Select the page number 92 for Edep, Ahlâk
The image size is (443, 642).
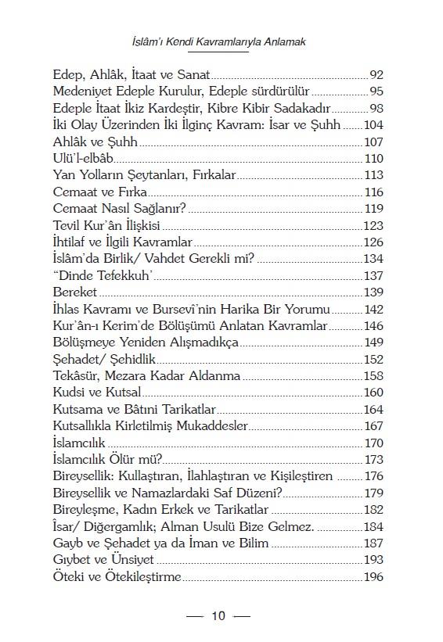click(376, 75)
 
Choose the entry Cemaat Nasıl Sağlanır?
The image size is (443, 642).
click(124, 210)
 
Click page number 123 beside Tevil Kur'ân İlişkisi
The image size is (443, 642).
click(374, 226)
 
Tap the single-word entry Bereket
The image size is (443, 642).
click(76, 292)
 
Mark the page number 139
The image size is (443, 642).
click(374, 292)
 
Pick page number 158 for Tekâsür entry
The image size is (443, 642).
click(374, 376)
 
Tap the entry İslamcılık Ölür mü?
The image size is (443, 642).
click(106, 460)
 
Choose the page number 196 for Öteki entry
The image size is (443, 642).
click(374, 577)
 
